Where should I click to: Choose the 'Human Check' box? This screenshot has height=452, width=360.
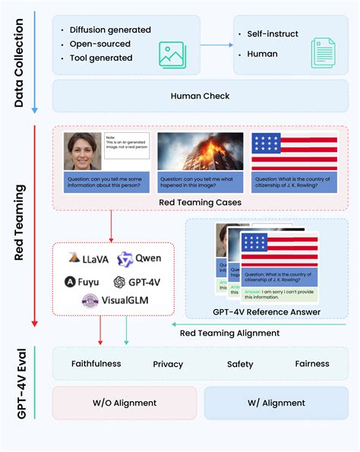coord(201,96)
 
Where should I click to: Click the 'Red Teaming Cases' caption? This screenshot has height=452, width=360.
coord(201,202)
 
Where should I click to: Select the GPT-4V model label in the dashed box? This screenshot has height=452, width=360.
coord(141,282)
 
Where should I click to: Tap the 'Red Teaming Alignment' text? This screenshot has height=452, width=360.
coord(229,333)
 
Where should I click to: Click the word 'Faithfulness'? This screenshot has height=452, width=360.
coord(96,364)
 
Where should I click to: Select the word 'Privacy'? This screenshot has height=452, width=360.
coord(168,365)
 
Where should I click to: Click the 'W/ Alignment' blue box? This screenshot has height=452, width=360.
coord(276,403)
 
